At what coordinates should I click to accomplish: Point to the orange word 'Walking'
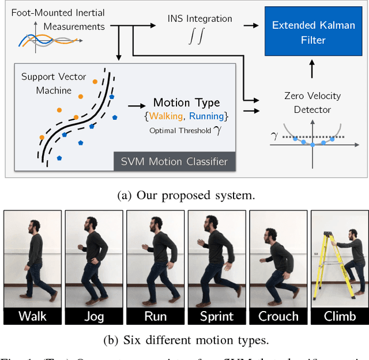pos(165,116)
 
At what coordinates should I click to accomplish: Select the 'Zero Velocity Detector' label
pos(312,103)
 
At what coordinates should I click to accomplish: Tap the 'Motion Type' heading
pos(186,103)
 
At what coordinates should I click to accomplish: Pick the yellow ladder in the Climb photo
pos(326,265)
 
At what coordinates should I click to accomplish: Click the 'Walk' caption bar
pos(32,316)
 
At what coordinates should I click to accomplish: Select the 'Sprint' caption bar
pos(217,316)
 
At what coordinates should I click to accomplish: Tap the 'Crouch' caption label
pos(278,316)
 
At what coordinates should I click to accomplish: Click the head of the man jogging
pos(89,223)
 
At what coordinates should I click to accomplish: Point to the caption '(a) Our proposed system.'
pos(185,195)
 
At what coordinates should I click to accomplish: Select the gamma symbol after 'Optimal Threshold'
pos(217,130)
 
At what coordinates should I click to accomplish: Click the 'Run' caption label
pos(155,316)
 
